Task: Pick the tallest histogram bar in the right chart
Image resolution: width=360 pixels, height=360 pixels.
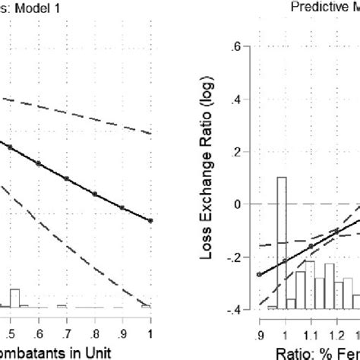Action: point(281,243)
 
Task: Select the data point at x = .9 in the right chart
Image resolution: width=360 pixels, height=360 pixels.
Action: point(259,274)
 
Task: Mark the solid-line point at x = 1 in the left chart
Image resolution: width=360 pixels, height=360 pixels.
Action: point(150,221)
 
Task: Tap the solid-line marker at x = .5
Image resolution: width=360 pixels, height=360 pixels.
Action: point(10,147)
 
